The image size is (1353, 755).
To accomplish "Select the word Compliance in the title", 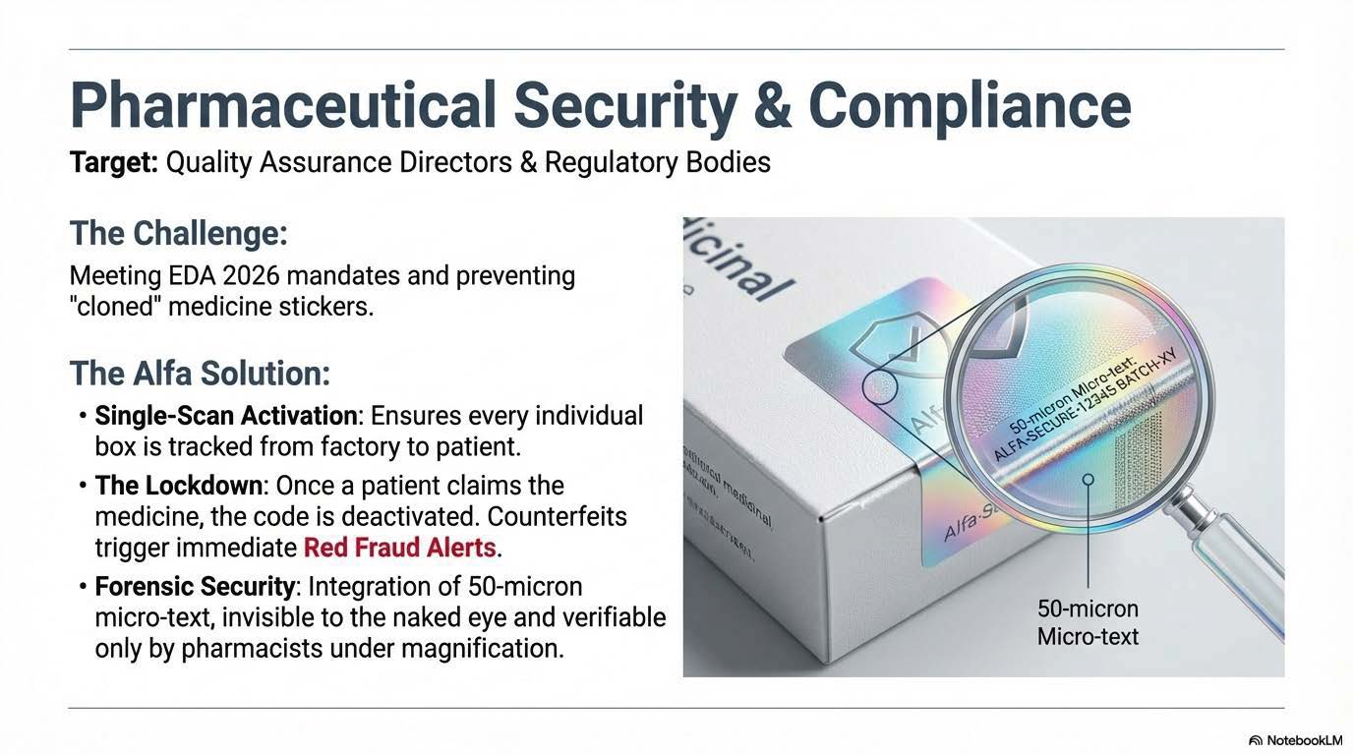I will pos(970,105).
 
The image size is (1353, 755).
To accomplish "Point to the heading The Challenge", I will pos(178,234).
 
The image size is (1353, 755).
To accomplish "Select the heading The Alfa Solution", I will pos(200,374).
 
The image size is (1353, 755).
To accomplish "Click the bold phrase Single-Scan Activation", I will pos(225,416).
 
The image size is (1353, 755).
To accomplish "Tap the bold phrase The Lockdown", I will pos(180,486).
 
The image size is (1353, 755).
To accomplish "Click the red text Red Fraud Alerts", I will pos(400,547).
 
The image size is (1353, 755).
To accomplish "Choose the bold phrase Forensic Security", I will pos(195,588).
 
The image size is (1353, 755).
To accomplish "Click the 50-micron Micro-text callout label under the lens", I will pos(1088,622).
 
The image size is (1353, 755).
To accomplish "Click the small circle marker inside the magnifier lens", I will pos(1088,480).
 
